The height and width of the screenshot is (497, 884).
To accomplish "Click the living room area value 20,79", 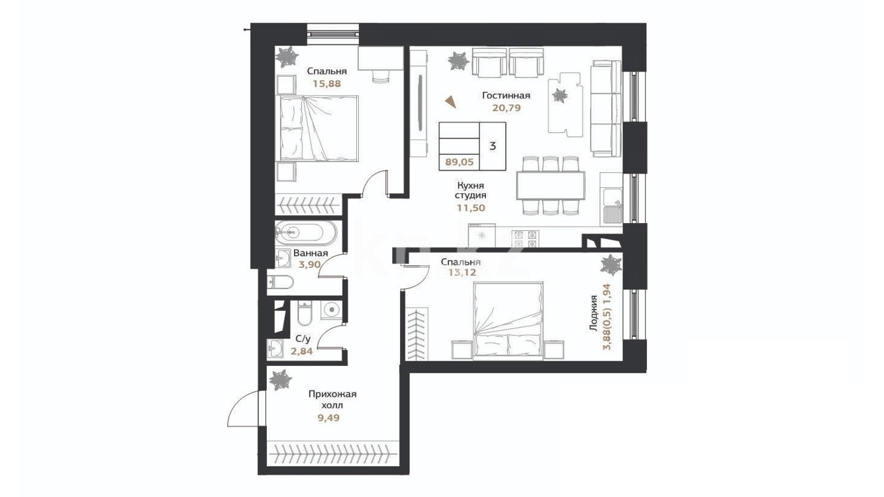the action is (x=507, y=108).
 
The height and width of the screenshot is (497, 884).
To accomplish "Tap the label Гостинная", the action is (x=507, y=95).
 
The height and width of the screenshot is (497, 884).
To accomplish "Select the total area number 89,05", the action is (x=460, y=161).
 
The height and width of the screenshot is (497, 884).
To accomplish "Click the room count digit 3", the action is (x=493, y=146).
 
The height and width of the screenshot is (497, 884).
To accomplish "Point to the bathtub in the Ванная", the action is (x=306, y=233).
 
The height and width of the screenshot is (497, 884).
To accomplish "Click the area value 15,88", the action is (x=326, y=83).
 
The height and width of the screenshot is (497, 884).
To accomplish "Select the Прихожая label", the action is (x=332, y=394).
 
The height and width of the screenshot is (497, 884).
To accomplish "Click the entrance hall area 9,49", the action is (x=328, y=418).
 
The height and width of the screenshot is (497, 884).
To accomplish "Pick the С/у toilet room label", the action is (x=303, y=339).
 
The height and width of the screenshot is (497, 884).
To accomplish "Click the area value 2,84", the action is (x=302, y=351).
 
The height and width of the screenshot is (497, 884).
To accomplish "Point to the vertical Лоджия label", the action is (x=593, y=314).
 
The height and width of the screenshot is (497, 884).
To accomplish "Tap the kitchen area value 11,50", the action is (x=471, y=208).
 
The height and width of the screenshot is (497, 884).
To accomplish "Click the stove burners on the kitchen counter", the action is (x=525, y=239).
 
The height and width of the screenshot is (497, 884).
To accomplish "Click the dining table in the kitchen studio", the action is (x=551, y=186).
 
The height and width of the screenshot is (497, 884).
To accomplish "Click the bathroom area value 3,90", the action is (x=309, y=264).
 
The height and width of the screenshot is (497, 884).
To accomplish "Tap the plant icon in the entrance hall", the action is (x=280, y=381).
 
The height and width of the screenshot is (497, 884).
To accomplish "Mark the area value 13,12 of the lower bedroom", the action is (x=462, y=272).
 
